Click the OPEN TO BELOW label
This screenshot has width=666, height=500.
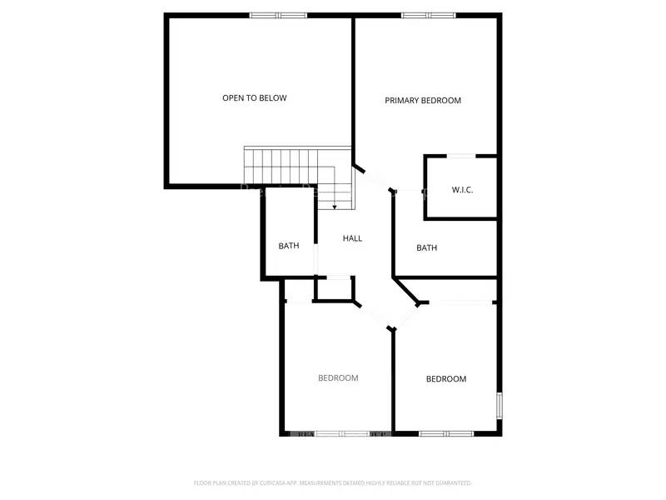point(254,98)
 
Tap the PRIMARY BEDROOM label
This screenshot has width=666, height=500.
point(423,101)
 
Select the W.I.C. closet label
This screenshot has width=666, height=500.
point(462,190)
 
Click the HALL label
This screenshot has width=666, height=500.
point(353,238)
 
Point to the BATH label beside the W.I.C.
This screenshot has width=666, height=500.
point(427,247)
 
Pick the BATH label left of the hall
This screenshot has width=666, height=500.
point(289,246)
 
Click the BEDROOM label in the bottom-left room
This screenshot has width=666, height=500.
point(338,378)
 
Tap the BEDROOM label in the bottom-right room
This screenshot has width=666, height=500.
point(446,379)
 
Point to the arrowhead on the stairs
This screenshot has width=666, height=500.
point(335,207)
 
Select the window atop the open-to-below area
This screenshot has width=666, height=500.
point(278,15)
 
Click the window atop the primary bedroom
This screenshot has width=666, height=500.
point(429,15)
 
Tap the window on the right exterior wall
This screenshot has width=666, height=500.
point(499,406)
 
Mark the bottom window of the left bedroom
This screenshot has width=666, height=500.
point(342,433)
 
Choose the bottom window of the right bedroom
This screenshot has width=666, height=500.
point(446,433)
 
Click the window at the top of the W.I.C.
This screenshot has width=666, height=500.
point(462,156)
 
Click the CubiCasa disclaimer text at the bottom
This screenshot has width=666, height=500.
point(333,482)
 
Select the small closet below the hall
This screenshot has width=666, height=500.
point(334,288)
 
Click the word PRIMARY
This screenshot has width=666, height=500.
point(404,101)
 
